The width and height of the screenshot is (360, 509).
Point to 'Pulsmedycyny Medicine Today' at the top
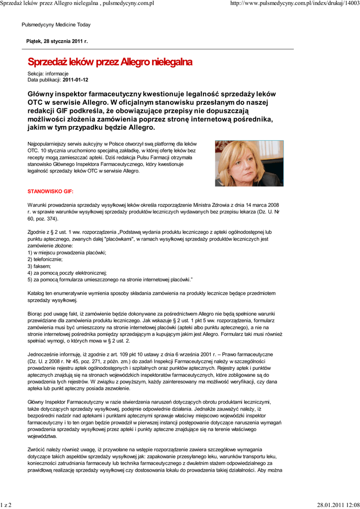pos(56,25)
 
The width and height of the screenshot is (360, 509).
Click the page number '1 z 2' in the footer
pos(6,505)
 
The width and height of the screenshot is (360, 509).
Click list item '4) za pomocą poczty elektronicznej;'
pos(67,273)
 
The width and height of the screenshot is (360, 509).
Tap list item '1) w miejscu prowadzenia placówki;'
pos(67,253)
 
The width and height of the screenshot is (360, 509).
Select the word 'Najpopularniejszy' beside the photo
pos(48,143)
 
